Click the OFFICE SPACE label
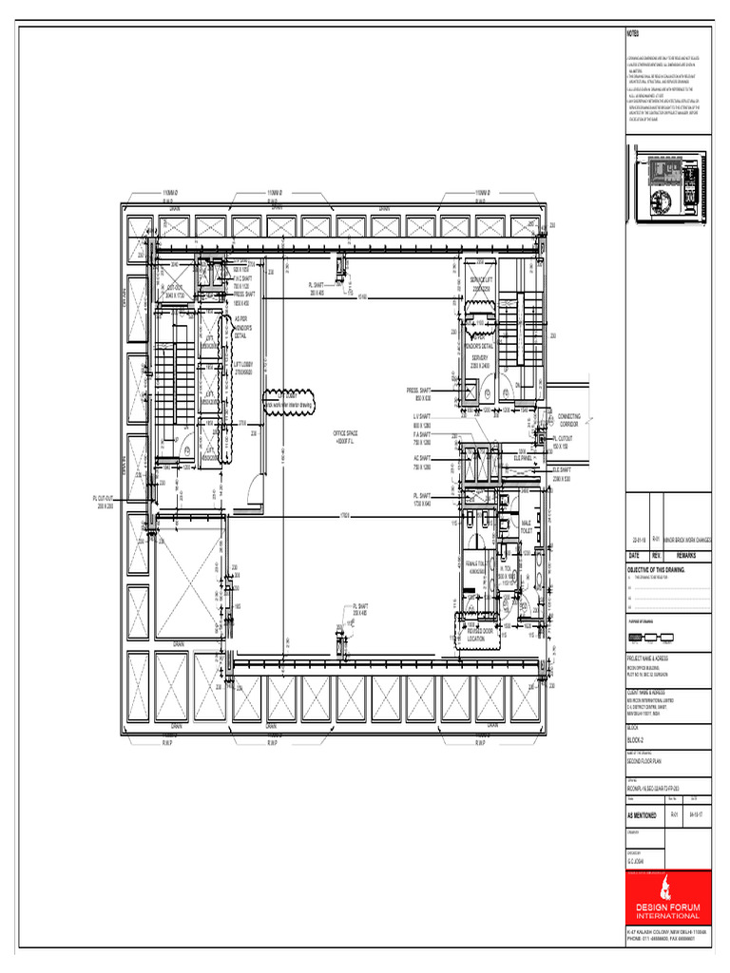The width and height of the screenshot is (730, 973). pos(344,436)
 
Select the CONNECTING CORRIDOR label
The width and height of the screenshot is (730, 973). pos(569,419)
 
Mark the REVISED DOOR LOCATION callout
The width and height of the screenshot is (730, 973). pos(481,634)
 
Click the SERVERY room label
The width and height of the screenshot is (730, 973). pos(479,361)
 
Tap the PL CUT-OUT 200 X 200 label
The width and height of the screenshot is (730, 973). pos(105,501)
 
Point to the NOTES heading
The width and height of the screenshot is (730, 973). pos(633,33)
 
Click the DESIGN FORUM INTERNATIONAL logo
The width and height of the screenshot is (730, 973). pos(667,898)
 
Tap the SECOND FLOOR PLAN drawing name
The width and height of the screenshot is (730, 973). pos(644,761)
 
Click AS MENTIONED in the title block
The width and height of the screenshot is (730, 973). pos(643,814)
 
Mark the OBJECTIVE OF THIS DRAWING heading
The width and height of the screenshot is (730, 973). pos(656,570)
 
